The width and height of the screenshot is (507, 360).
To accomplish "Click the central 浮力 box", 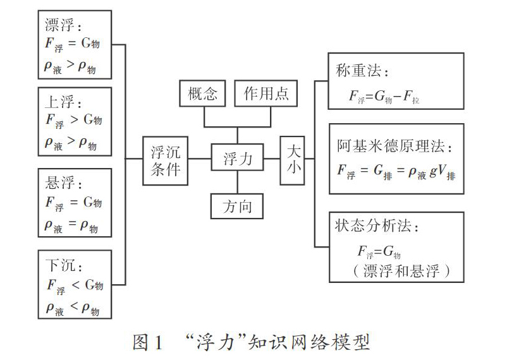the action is tap(237, 157).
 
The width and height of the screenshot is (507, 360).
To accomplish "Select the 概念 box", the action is tap(202, 93).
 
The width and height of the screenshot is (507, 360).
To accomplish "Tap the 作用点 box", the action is tap(266, 93).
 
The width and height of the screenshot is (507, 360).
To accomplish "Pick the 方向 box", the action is tap(237, 206).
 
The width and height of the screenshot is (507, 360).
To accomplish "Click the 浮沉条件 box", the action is tap(165, 160).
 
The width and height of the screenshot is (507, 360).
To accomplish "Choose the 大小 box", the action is tap(292, 160).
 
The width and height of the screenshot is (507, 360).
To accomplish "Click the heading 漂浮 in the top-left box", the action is tap(59, 25).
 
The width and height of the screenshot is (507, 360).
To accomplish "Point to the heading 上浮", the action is tap(59, 102).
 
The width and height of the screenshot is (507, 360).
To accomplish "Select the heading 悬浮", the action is tap(60, 183).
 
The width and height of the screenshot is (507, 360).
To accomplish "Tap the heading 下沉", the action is tap(61, 265).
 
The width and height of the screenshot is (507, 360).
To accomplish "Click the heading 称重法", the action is tap(358, 70).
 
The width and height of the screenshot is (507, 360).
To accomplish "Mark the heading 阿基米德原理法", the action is tap(391, 146).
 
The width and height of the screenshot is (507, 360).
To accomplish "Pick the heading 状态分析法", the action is tap(373, 225).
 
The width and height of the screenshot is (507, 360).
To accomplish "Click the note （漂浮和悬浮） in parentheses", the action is tap(401, 270).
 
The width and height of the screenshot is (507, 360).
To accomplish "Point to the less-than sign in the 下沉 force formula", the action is tap(76, 285).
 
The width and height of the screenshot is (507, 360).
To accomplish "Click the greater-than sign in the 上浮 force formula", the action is tap(75, 119).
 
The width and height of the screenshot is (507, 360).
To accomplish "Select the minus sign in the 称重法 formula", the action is tap(398, 96).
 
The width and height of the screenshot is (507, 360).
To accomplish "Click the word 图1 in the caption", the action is tap(147, 342).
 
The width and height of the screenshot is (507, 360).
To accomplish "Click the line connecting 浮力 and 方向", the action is tap(237, 182).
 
